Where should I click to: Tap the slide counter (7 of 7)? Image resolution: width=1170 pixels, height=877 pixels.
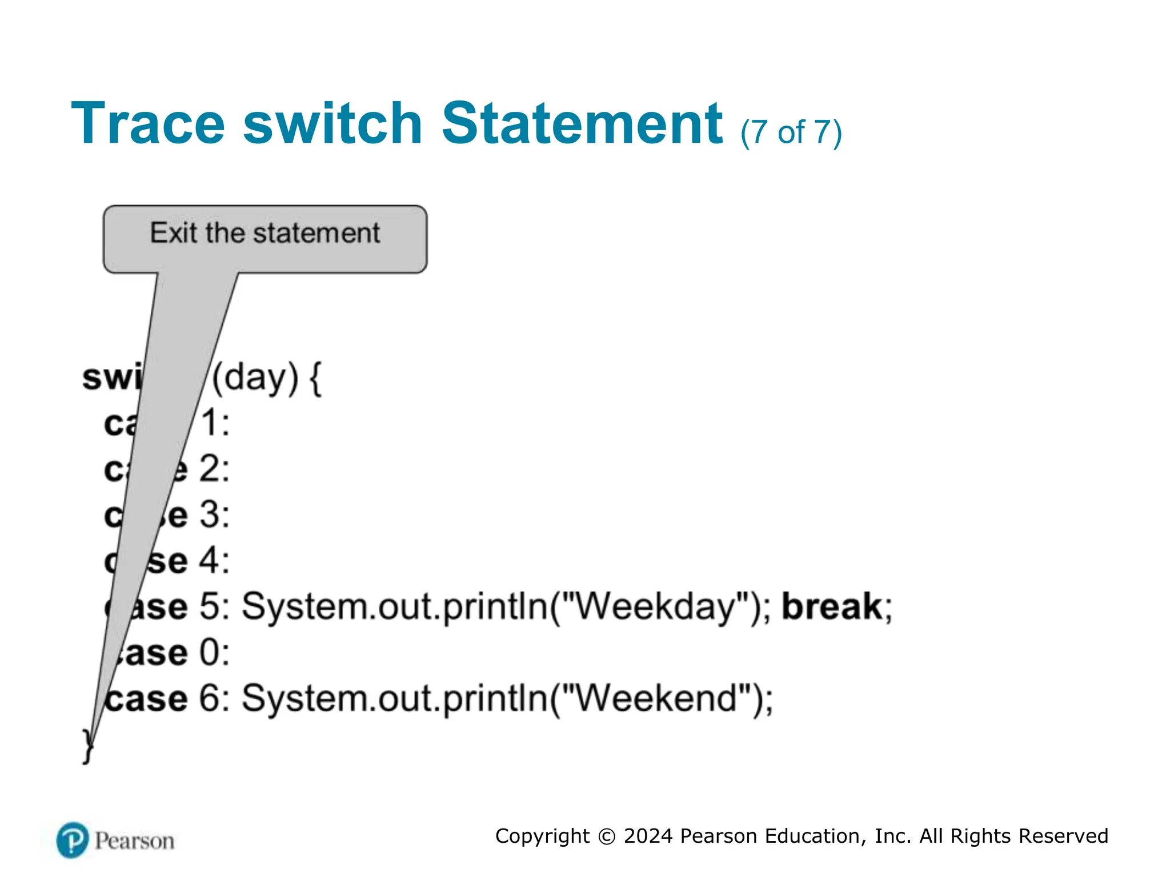(x=791, y=132)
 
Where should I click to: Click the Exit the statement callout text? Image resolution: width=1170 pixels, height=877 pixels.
(x=265, y=233)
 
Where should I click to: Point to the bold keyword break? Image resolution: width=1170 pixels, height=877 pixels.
(x=832, y=606)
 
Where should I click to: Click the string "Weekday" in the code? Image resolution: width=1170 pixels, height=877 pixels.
(x=655, y=606)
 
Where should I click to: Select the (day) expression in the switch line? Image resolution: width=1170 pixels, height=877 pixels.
(x=255, y=378)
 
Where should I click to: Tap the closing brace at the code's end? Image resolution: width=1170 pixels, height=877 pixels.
(x=87, y=746)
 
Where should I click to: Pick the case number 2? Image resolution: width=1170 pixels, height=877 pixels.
(x=215, y=469)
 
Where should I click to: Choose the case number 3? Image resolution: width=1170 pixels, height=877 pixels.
(x=215, y=515)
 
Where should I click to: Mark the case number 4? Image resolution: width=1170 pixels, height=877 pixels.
(x=215, y=561)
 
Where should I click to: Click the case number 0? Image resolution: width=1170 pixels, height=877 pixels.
(x=215, y=653)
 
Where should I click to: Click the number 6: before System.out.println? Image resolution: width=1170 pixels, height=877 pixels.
(x=215, y=698)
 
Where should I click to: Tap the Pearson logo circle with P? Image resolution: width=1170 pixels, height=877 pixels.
(x=73, y=840)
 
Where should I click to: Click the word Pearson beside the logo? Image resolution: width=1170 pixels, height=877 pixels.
(x=134, y=841)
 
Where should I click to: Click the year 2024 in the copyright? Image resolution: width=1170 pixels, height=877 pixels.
(x=648, y=836)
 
